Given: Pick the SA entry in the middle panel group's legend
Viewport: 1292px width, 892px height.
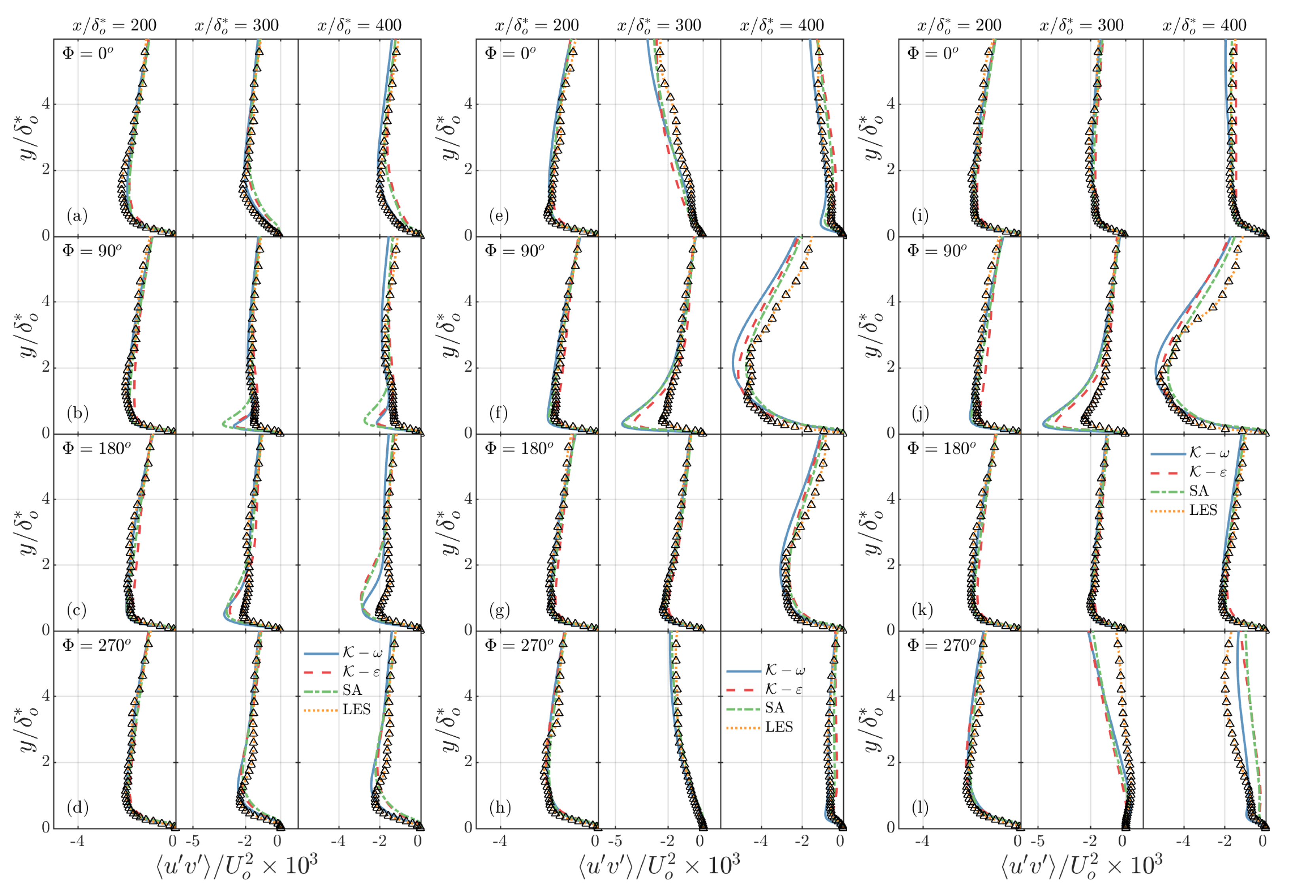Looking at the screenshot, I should click(x=774, y=708).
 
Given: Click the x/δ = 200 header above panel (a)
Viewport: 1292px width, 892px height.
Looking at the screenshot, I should click(x=115, y=25).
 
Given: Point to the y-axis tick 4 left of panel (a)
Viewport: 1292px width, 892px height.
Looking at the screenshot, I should click(x=46, y=104).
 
